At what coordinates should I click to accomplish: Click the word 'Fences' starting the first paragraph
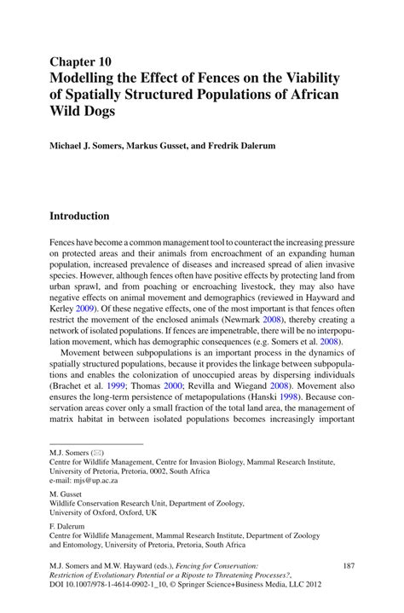[x=65, y=243]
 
